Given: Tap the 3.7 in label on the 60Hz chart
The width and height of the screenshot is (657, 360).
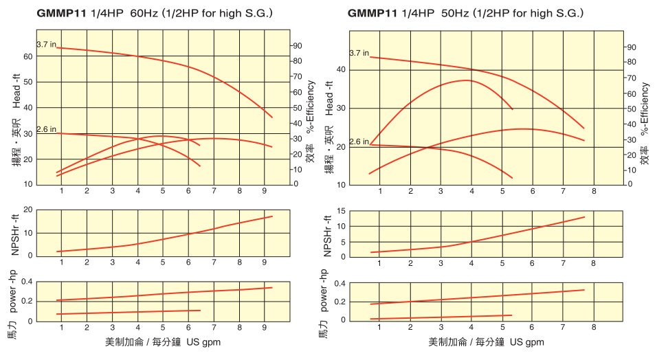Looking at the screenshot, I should [x=46, y=44].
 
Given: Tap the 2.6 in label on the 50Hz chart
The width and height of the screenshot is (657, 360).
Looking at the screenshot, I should [x=359, y=142].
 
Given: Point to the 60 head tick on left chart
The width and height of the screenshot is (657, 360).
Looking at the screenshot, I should [x=27, y=57].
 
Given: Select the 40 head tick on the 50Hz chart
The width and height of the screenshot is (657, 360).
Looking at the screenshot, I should [x=342, y=70].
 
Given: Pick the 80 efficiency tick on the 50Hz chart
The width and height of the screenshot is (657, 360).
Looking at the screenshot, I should [x=630, y=63].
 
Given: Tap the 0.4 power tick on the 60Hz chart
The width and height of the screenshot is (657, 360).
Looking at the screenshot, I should [x=27, y=282].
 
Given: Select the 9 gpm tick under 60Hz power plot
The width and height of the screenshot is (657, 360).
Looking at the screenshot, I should [x=265, y=328].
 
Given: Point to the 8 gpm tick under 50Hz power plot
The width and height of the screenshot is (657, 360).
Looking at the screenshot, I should [x=594, y=328].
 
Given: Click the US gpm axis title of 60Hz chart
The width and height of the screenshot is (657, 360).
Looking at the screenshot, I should [x=202, y=342].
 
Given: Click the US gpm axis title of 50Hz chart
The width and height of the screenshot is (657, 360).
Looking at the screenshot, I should [x=526, y=342].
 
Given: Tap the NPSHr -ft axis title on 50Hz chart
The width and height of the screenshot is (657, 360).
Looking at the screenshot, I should [x=328, y=234].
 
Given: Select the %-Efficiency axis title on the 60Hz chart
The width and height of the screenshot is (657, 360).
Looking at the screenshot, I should [x=311, y=106].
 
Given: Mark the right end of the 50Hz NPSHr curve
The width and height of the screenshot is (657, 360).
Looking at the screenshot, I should [x=585, y=217].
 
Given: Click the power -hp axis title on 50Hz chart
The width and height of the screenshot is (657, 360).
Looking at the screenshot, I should [x=324, y=291].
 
